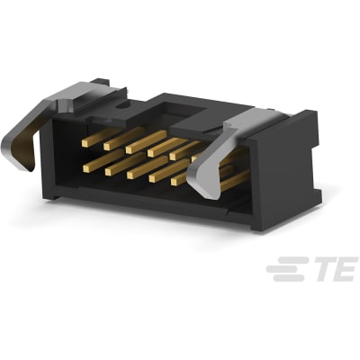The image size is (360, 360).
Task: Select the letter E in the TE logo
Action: click(x=341, y=269)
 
